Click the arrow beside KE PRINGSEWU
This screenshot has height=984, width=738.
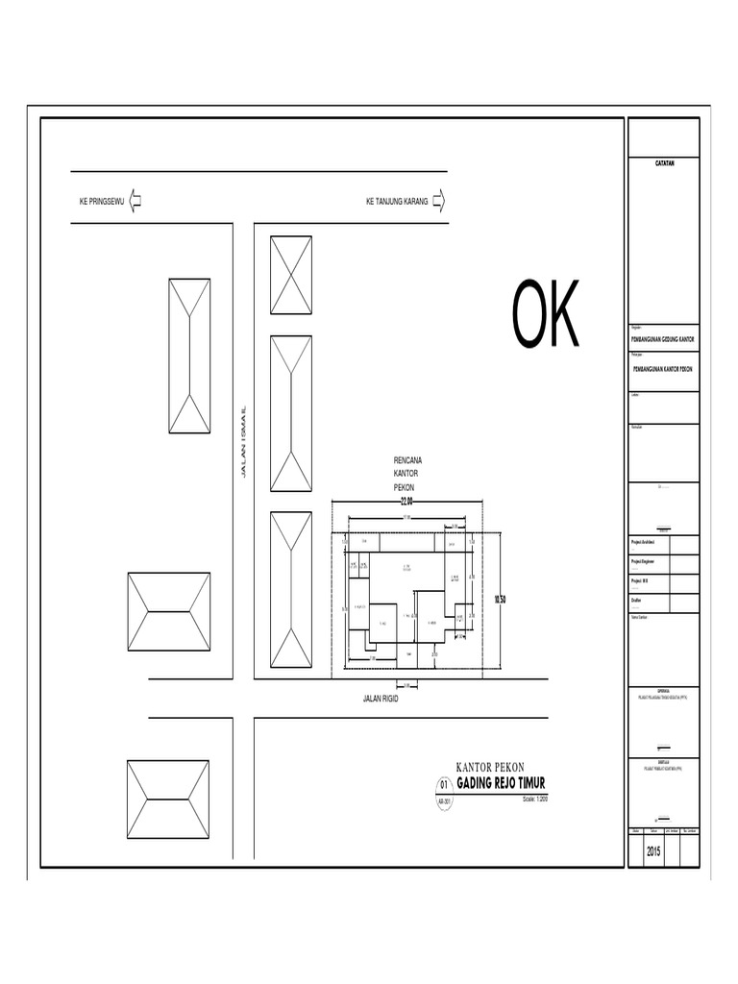coord(135,202)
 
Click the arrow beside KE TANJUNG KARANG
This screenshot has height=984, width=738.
coord(439,202)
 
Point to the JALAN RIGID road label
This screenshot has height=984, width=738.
coord(381,699)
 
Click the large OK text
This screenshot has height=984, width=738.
coord(546,315)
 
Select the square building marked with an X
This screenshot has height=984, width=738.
coord(291,275)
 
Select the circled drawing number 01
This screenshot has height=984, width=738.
coord(444,784)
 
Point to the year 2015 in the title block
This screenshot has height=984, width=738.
coord(654,851)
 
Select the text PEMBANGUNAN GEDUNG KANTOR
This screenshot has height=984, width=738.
coord(664,340)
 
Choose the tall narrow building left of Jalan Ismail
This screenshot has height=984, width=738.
coord(189,356)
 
